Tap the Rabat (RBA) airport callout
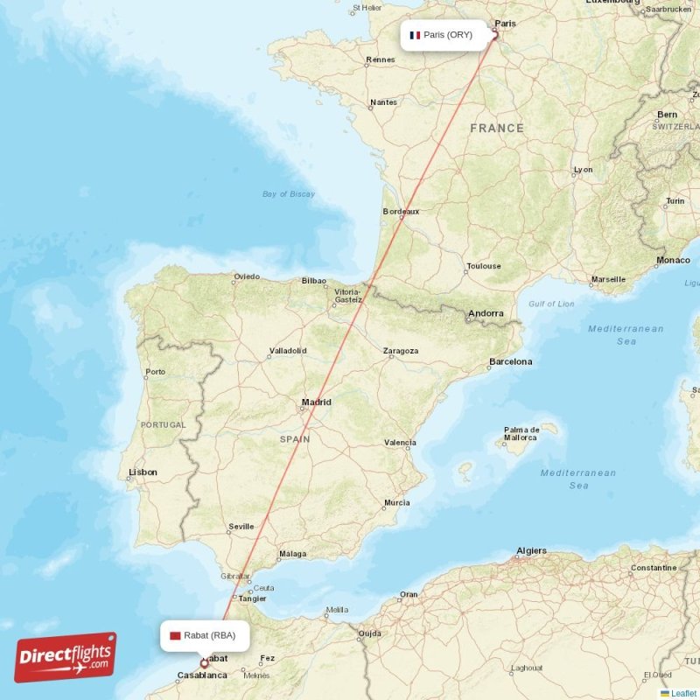(x=205, y=635)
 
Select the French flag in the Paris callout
(x=415, y=36)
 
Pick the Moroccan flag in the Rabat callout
(x=176, y=635)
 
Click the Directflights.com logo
(x=66, y=657)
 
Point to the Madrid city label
(x=316, y=402)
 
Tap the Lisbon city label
(x=143, y=472)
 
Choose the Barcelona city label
(x=510, y=361)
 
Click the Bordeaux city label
(x=402, y=212)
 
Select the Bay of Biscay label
(x=289, y=194)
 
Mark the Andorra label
(x=486, y=313)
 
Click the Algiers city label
(x=531, y=551)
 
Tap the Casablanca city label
(x=202, y=675)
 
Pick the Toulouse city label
(x=483, y=266)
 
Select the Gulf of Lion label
(x=551, y=304)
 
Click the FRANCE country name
(x=497, y=128)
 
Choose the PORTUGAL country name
(x=163, y=424)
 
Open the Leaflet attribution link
(x=683, y=693)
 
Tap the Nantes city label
(x=383, y=102)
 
